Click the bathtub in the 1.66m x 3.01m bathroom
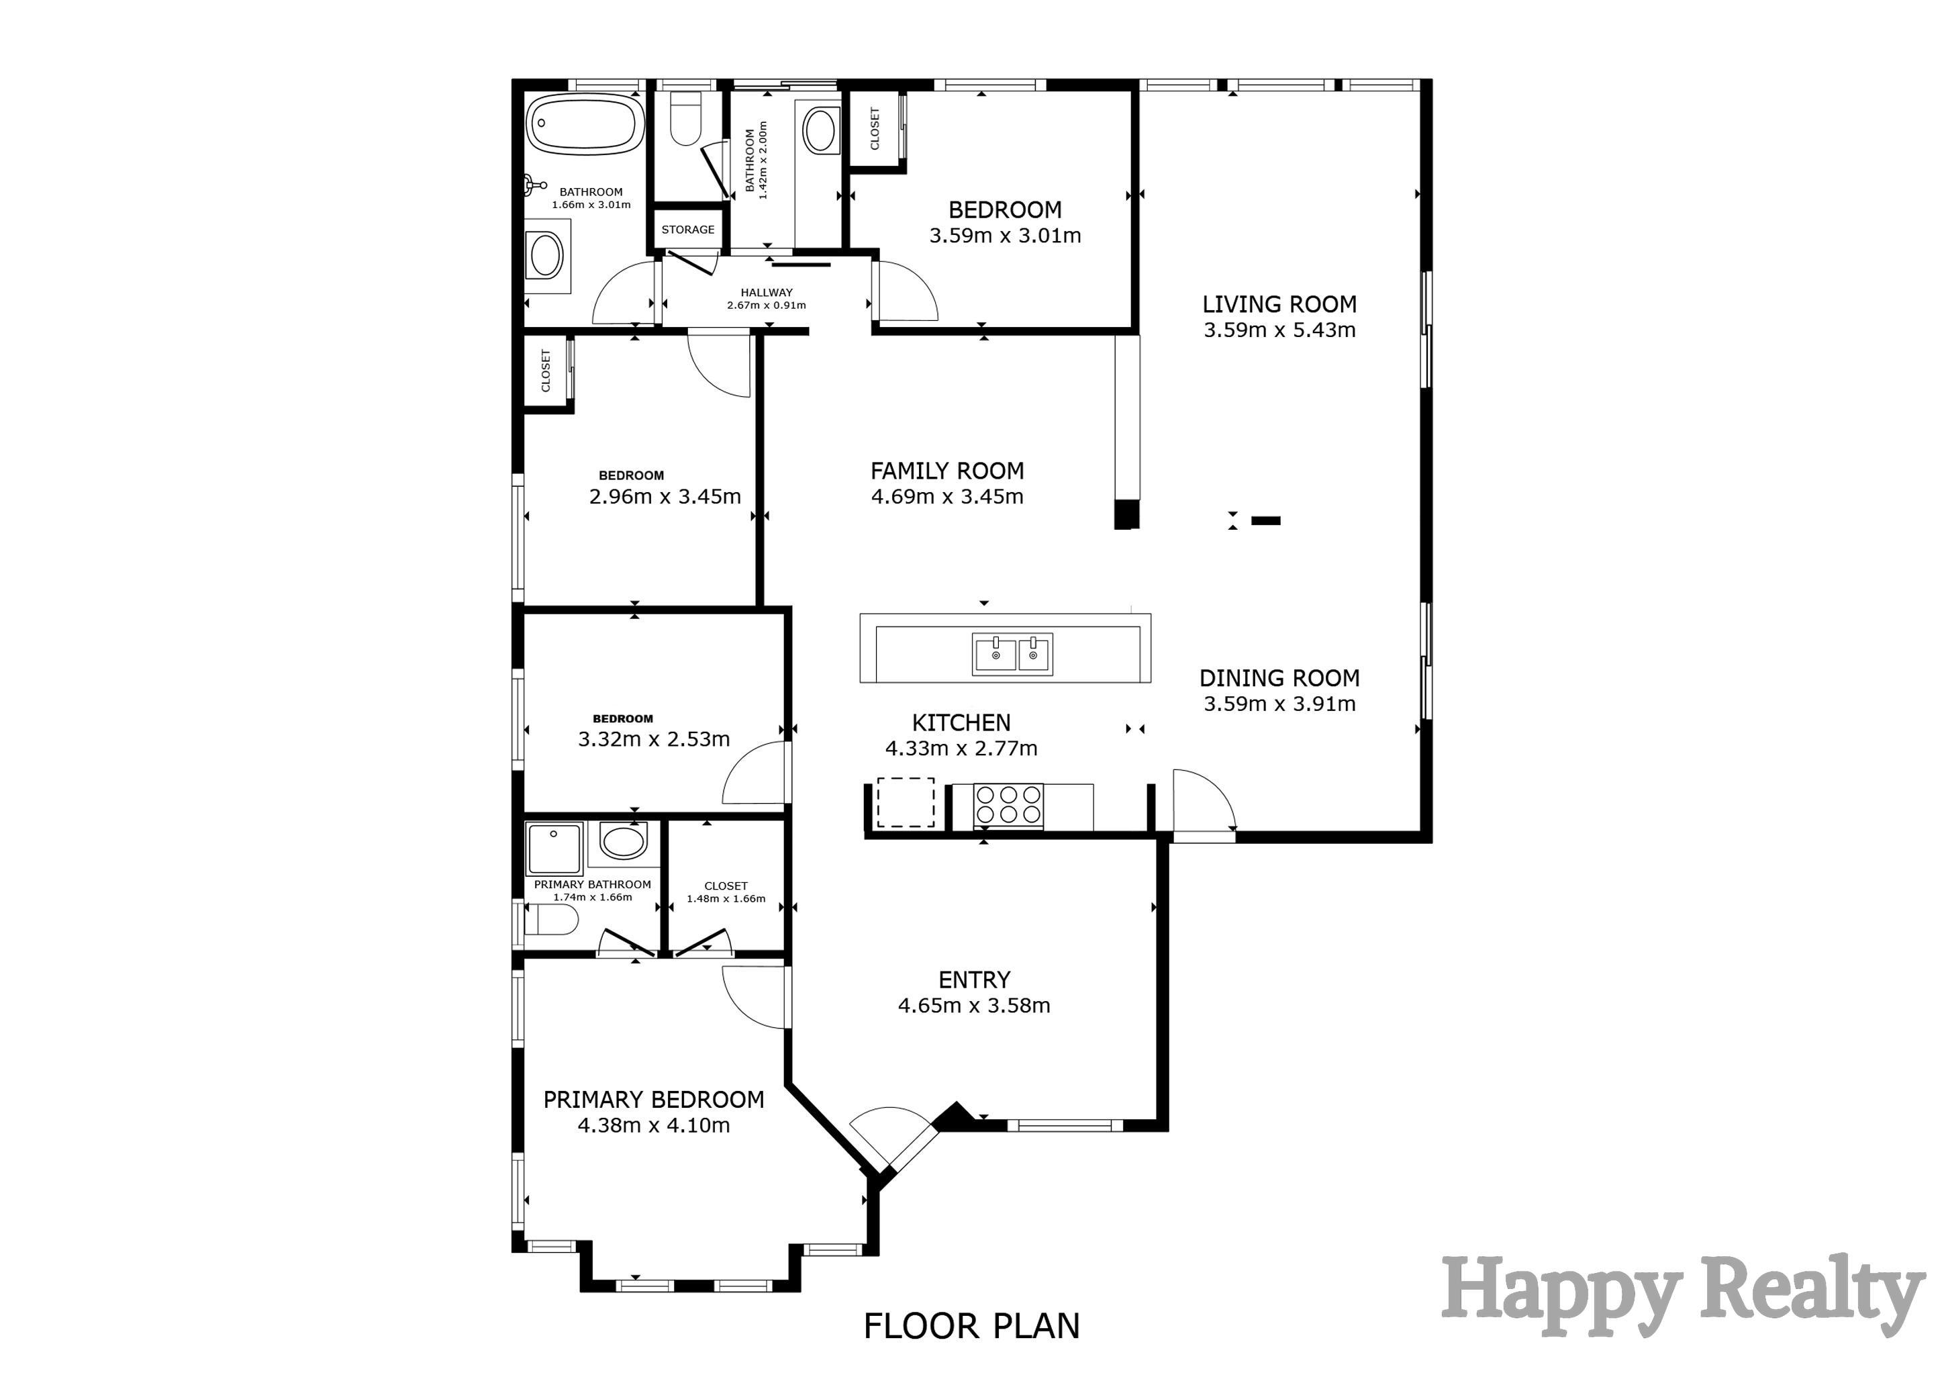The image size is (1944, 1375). point(584,124)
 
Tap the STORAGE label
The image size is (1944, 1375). point(687,230)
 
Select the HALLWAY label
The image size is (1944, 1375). point(766,293)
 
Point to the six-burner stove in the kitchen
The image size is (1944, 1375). point(1008,804)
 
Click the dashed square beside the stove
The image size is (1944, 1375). point(905,803)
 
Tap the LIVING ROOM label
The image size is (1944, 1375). point(1279,304)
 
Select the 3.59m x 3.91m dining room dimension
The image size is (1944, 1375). point(1279,704)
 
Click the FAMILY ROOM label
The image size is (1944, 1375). point(946,471)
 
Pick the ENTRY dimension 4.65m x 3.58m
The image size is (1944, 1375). point(974,1005)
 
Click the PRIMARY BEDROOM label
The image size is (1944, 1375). point(654,1100)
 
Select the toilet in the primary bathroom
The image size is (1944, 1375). point(551,920)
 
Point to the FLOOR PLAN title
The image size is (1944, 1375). point(971,1326)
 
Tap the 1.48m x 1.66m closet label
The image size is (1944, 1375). point(726,892)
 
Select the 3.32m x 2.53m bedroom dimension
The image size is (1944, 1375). point(654,739)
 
